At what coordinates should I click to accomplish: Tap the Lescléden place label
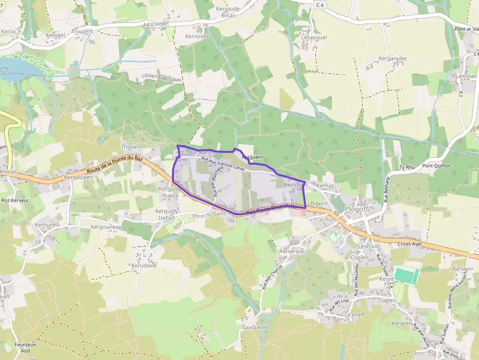(156, 23)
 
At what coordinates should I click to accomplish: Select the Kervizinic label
(197, 37)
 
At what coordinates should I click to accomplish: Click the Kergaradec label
(393, 59)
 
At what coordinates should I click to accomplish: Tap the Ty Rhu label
(407, 168)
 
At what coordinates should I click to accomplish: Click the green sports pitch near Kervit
(406, 275)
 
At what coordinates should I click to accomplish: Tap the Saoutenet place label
(255, 327)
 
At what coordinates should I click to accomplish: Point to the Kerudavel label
(144, 265)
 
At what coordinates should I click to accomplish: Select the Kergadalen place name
(78, 178)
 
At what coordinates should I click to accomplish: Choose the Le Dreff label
(354, 315)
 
